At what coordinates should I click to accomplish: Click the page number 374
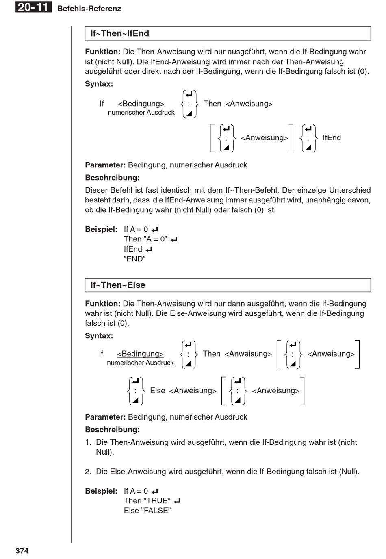(x=22, y=551)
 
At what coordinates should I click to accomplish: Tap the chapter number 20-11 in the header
(x=33, y=7)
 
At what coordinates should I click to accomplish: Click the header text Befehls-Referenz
(x=89, y=9)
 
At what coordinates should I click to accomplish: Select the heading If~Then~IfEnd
(x=120, y=34)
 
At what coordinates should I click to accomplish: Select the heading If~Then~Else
(x=118, y=285)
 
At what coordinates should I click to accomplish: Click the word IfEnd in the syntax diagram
(x=332, y=138)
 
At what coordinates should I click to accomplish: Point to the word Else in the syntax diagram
(x=158, y=391)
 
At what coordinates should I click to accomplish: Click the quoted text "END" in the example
(x=134, y=259)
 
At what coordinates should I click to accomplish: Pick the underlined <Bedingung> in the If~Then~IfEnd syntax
(x=141, y=104)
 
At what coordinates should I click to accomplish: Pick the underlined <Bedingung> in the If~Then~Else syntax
(x=140, y=354)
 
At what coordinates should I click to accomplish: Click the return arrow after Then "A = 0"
(x=174, y=240)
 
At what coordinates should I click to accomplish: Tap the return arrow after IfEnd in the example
(x=149, y=250)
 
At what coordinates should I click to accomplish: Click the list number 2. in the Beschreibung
(x=88, y=472)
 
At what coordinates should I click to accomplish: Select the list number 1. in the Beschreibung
(x=88, y=442)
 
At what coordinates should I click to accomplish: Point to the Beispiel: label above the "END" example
(x=101, y=229)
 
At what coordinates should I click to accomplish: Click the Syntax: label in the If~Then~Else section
(x=99, y=336)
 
